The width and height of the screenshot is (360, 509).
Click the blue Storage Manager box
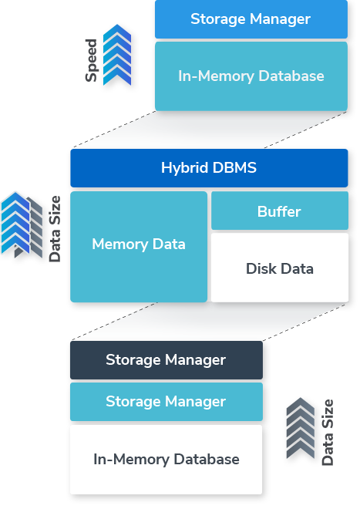click(x=251, y=19)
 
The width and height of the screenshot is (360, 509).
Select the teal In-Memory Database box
click(x=251, y=76)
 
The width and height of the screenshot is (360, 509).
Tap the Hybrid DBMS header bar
click(x=209, y=168)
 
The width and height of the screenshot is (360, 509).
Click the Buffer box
click(x=279, y=211)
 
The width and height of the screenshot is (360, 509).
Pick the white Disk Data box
click(x=279, y=268)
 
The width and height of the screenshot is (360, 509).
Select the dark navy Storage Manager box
click(x=166, y=360)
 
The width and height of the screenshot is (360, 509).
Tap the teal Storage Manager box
click(x=166, y=402)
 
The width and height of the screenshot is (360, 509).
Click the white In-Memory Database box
click(x=166, y=460)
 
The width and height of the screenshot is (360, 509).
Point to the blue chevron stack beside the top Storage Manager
click(x=116, y=54)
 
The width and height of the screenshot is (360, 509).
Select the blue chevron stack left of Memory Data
click(x=15, y=224)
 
